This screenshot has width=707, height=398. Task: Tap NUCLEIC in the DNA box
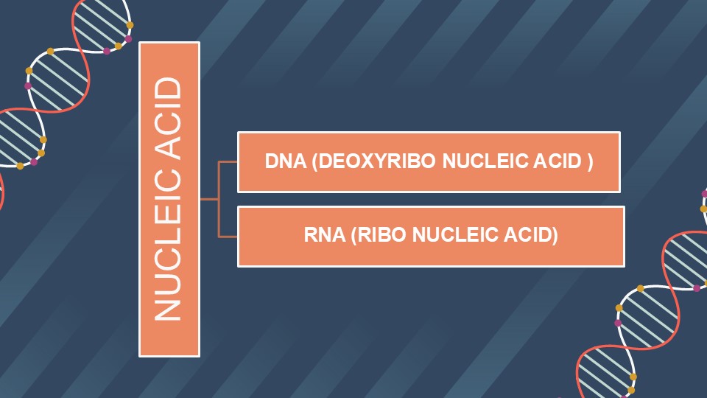485,161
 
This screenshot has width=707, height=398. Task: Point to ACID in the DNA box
557,161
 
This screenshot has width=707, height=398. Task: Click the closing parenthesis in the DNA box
590,161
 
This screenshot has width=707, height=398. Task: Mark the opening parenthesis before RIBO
354,235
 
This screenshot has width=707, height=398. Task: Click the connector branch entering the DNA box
228,161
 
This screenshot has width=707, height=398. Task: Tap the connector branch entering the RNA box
228,237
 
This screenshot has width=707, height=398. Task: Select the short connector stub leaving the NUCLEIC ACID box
209,198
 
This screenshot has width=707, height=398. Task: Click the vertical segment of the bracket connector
219,198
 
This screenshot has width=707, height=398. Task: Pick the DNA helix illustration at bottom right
650,307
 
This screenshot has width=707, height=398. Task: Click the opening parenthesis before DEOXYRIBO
315,161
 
